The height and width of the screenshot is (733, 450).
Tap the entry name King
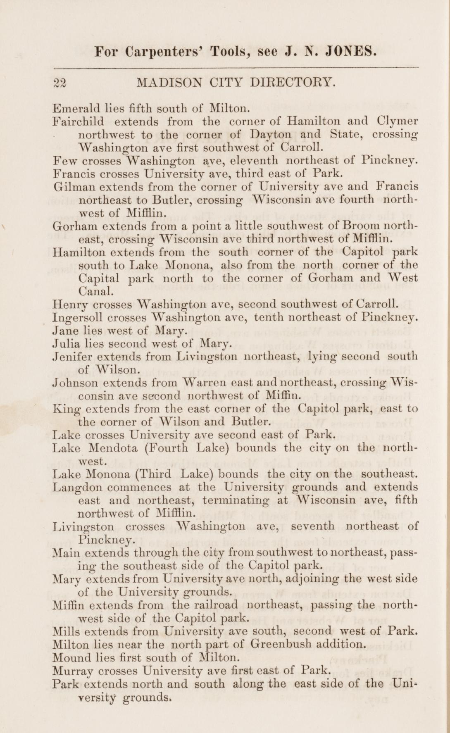tap(64, 409)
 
